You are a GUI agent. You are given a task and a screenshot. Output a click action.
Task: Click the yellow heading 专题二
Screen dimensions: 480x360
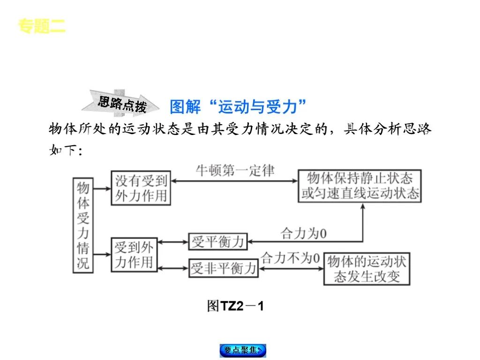(x=42, y=26)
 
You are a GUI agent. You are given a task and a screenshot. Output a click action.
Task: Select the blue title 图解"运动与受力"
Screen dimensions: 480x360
(x=238, y=107)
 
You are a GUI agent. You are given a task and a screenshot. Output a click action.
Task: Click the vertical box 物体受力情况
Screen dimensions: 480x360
(x=82, y=225)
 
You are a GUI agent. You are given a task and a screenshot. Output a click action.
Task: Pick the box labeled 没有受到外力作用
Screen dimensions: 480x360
(x=141, y=187)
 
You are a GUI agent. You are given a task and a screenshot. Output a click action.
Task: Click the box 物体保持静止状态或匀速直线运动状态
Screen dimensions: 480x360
(x=360, y=186)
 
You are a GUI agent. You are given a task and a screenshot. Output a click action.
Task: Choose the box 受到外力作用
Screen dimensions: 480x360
(x=134, y=255)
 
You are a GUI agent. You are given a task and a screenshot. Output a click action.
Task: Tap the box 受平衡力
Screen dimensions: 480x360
(x=218, y=242)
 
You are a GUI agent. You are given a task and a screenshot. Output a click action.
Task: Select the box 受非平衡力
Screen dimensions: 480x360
(x=223, y=268)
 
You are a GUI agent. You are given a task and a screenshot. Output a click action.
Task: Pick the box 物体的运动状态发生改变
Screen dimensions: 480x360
(x=367, y=269)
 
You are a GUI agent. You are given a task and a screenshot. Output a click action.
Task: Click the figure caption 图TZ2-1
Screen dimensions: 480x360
(x=236, y=306)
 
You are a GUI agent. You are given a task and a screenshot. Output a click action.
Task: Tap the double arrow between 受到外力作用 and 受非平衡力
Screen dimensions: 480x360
(x=173, y=269)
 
